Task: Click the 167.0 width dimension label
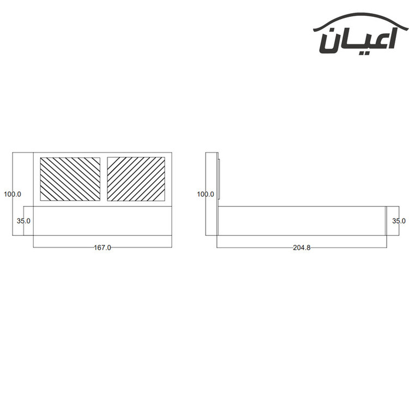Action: [x=103, y=247]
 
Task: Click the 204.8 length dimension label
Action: [x=302, y=247]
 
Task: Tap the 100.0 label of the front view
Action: [x=13, y=194]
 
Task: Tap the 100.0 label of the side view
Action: [x=206, y=194]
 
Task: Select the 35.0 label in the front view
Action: [x=23, y=221]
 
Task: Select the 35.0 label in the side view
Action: [x=399, y=221]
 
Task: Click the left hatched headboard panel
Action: [x=70, y=179]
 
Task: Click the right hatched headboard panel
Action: [x=136, y=179]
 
